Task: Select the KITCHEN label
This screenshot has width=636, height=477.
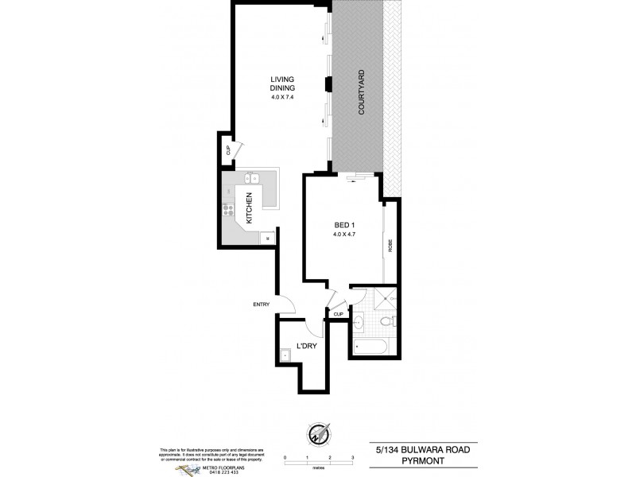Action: point(250,207)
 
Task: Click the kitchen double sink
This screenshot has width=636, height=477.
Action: point(254,178)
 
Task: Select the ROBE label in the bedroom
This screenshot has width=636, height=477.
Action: point(390,246)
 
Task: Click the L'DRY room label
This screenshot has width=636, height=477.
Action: point(308,347)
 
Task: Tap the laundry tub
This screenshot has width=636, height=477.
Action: point(285,355)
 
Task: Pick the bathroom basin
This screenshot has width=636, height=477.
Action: point(358,323)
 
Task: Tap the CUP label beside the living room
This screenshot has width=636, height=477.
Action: point(227,149)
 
